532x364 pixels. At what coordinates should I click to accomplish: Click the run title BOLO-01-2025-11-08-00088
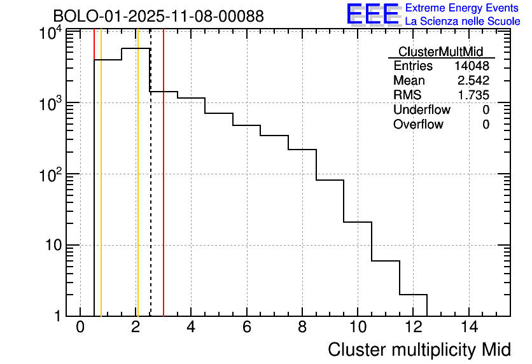[x=158, y=17]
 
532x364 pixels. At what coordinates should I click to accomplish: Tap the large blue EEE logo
[x=372, y=14]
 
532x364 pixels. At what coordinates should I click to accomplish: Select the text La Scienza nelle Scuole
[x=463, y=22]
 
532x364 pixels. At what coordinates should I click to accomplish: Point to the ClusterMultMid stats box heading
[x=440, y=52]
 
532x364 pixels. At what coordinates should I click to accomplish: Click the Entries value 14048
[x=472, y=66]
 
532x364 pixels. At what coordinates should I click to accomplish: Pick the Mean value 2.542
[x=473, y=81]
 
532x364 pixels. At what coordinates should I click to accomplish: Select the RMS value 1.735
[x=473, y=95]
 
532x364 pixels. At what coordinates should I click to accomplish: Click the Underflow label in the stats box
[x=421, y=110]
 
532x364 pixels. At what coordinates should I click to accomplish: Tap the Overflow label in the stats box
[x=418, y=125]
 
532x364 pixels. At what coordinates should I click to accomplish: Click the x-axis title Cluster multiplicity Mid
[x=419, y=349]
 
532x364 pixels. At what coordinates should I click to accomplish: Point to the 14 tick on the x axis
[x=469, y=327]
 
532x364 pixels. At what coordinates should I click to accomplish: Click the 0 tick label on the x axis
[x=80, y=327]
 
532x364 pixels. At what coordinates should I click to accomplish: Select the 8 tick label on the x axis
[x=302, y=327]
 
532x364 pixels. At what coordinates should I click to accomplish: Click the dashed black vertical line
[x=150, y=191]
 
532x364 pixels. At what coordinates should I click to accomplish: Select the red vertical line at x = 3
[x=164, y=191]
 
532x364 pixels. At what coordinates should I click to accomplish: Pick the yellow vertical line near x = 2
[x=137, y=191]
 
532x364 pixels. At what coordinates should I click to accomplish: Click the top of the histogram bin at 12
[x=413, y=295]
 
